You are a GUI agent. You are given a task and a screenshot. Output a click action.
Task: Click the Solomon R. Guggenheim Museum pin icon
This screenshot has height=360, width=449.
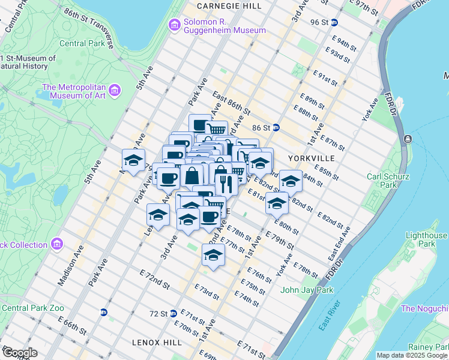tap(175, 25)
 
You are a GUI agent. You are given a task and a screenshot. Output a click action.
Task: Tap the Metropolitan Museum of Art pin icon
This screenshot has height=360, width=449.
tap(115, 90)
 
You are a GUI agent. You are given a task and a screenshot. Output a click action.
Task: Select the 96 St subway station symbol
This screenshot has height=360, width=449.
tap(334, 22)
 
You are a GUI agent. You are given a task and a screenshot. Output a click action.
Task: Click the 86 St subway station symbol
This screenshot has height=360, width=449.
tap(276, 127)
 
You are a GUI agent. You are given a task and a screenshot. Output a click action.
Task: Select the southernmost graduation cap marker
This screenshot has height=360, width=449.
tap(213, 255)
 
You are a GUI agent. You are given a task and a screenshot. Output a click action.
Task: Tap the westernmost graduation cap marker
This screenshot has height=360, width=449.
tap(133, 160)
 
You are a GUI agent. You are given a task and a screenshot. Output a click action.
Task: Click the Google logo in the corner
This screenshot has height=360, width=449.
tap(20, 353)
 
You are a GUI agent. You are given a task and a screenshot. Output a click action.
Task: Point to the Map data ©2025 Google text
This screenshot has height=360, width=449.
tap(411, 355)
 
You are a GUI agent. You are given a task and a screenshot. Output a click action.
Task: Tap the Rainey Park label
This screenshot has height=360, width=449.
tap(428, 347)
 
